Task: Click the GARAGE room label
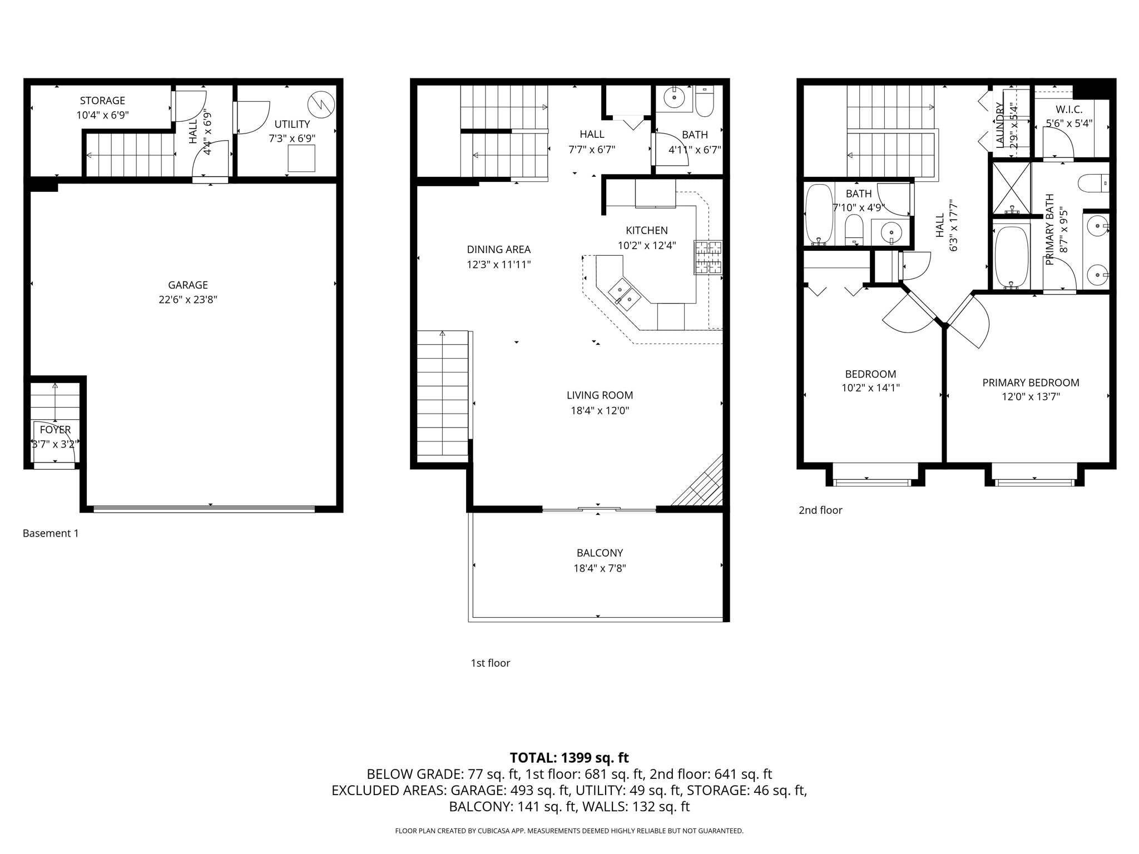point(188,285)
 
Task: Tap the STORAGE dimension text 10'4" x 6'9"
point(103,116)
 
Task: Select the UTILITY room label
point(292,124)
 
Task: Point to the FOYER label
point(55,429)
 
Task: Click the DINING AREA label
point(498,250)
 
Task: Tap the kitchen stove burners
point(708,257)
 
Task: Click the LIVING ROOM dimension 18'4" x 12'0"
point(600,411)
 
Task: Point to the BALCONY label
point(600,553)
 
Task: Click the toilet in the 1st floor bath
point(705,101)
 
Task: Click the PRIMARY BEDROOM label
point(1031,383)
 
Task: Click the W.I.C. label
point(1069,110)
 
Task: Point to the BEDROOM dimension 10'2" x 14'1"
point(870,388)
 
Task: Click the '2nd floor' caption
point(820,510)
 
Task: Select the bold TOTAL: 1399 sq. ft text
point(569,758)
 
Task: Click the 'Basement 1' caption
point(51,533)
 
